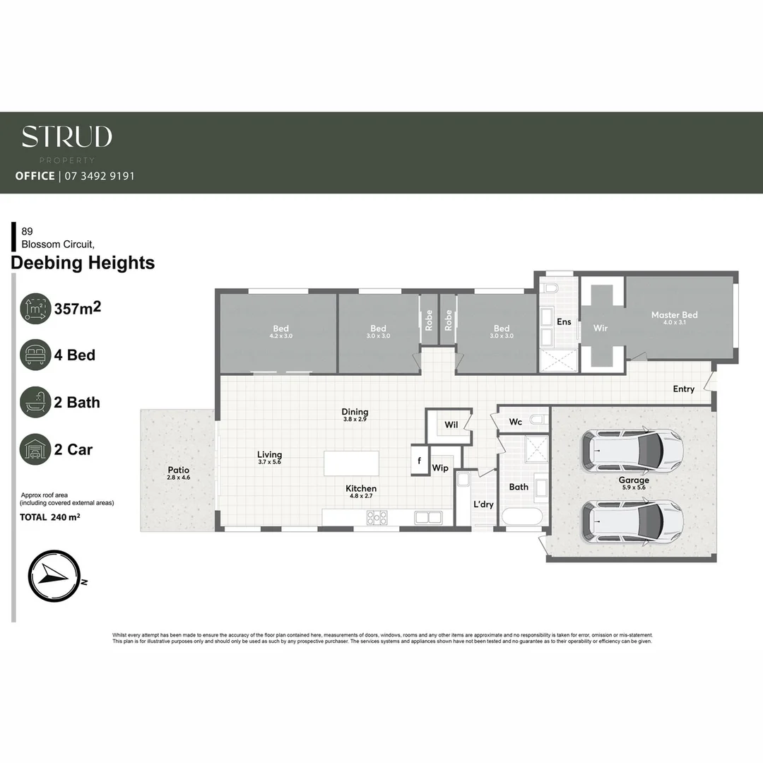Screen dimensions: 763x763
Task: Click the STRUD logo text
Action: (66, 136)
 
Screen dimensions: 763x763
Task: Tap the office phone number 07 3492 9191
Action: (99, 176)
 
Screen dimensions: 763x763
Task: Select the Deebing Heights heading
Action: (83, 264)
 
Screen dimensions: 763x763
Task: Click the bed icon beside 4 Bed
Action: (35, 355)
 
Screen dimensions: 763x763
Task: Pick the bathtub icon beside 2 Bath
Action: (35, 402)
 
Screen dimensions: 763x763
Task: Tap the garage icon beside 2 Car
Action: (35, 449)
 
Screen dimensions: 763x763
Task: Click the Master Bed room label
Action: (674, 315)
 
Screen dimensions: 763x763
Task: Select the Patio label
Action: (178, 470)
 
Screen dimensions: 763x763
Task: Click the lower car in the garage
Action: (632, 521)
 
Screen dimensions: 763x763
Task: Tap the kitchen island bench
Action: (351, 464)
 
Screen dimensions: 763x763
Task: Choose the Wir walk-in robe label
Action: (601, 329)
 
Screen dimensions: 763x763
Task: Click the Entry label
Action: (683, 389)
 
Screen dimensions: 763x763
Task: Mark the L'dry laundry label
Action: (483, 504)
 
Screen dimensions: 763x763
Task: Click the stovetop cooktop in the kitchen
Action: (376, 518)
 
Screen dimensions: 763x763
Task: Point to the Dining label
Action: (355, 412)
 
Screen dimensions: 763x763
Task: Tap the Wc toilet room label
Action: (516, 422)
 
